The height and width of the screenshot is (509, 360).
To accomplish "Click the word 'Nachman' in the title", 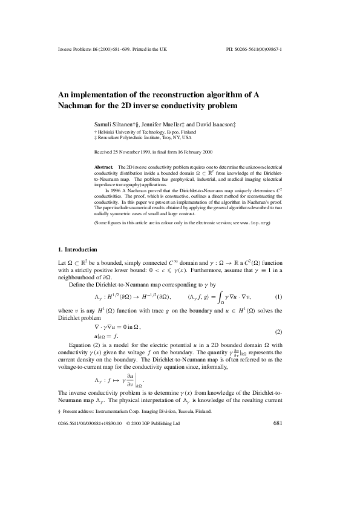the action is [78, 105].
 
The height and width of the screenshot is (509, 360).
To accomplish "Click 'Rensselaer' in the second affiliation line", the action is [113, 137].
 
